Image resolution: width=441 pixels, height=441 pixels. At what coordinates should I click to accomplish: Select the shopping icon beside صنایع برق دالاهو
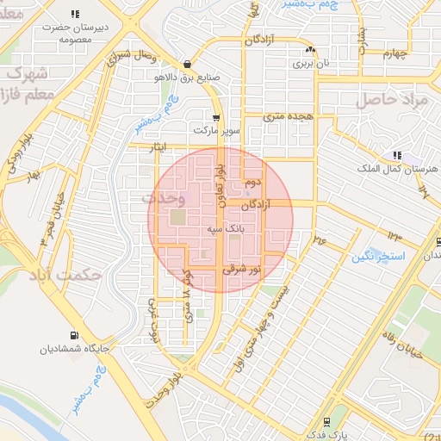click(x=188, y=63)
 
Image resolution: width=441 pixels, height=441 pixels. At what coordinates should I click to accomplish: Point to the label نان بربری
click(x=309, y=62)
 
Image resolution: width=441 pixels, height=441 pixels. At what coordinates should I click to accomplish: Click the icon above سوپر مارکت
click(x=216, y=117)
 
